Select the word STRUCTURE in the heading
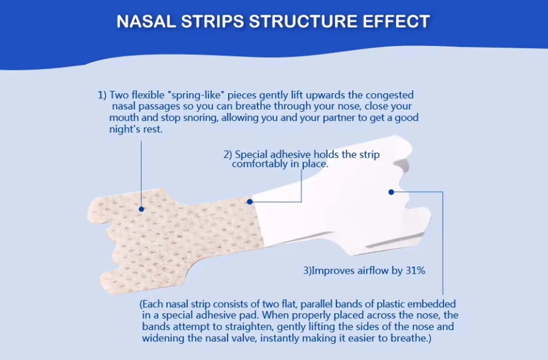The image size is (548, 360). [x=303, y=22]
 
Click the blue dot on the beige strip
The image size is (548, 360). [x=142, y=209]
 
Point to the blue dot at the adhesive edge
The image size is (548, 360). [x=250, y=202]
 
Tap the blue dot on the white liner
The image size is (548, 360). [x=391, y=192]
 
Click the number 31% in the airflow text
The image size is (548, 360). [x=415, y=271]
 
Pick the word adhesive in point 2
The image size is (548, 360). [x=290, y=155]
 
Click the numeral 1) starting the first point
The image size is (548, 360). [x=102, y=95]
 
